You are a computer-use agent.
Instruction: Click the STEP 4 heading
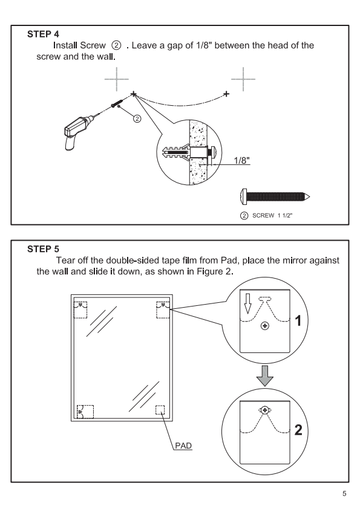pyautogui.click(x=43, y=34)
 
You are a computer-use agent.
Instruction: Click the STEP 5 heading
pyautogui.click(x=43, y=249)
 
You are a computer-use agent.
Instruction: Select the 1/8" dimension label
pyautogui.click(x=242, y=160)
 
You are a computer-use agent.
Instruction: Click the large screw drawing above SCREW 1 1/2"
pyautogui.click(x=275, y=197)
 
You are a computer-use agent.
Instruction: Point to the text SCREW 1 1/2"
pyautogui.click(x=272, y=216)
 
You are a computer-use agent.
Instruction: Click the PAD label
pyautogui.click(x=183, y=446)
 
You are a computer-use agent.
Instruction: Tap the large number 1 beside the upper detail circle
pyautogui.click(x=298, y=321)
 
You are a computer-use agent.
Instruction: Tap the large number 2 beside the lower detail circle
pyautogui.click(x=298, y=430)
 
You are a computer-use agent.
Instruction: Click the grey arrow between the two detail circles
pyautogui.click(x=265, y=376)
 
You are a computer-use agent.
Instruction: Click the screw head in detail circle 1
pyautogui.click(x=265, y=326)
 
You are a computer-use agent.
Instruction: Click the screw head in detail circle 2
pyautogui.click(x=265, y=410)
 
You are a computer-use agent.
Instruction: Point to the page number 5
pyautogui.click(x=344, y=494)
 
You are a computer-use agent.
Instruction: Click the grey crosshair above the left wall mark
pyautogui.click(x=117, y=79)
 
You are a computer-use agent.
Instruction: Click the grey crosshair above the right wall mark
pyautogui.click(x=243, y=79)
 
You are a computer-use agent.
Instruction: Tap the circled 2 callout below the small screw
pyautogui.click(x=137, y=119)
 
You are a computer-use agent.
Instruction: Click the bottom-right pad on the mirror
pyautogui.click(x=160, y=410)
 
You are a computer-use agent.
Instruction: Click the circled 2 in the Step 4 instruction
pyautogui.click(x=116, y=45)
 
